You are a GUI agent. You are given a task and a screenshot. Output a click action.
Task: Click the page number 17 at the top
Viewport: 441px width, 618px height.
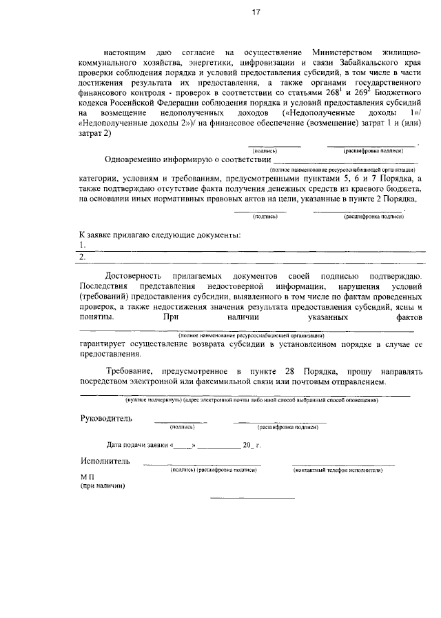256,12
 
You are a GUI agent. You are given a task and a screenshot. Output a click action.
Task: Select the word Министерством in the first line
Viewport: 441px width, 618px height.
342,52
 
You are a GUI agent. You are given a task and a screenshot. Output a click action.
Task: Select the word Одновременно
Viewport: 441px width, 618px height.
138,160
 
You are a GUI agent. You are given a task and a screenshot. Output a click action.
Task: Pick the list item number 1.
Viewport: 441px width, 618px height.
83,245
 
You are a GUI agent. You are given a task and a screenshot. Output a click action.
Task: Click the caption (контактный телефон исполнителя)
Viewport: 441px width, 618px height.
338,470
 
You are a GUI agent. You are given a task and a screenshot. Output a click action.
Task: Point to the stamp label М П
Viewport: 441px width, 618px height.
86,477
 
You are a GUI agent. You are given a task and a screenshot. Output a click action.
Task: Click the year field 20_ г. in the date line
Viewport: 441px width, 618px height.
252,446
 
